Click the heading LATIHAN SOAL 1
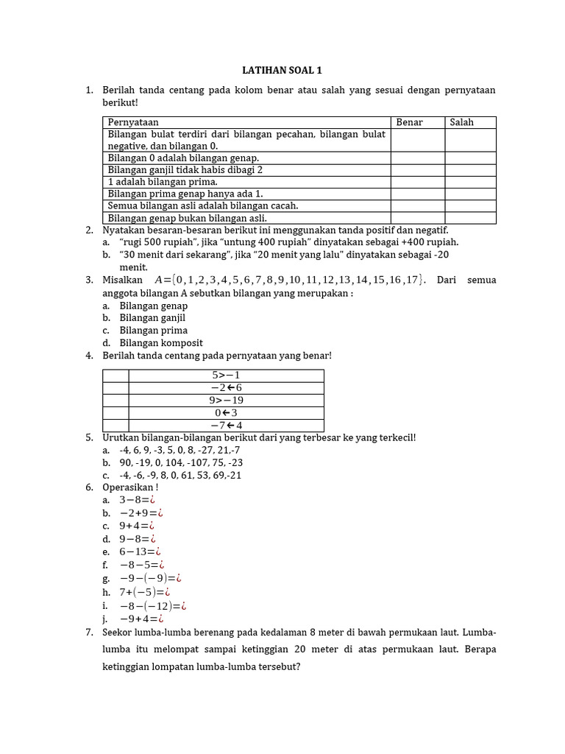282,71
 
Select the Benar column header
410,122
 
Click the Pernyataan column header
133,122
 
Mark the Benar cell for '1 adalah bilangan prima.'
417,182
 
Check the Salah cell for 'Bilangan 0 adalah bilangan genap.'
470,158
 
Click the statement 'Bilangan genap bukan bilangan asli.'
187,218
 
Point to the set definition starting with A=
290,280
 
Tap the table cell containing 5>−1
227,376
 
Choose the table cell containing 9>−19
227,401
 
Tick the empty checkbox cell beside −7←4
116,426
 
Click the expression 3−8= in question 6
137,501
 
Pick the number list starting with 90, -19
181,462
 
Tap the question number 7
89,633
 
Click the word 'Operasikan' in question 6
129,487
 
